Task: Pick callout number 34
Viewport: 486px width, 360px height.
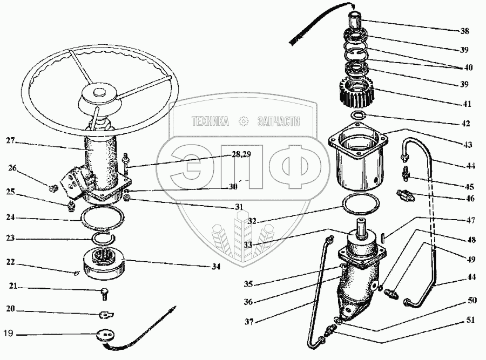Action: click(216, 266)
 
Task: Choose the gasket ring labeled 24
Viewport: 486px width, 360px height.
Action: click(103, 219)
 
